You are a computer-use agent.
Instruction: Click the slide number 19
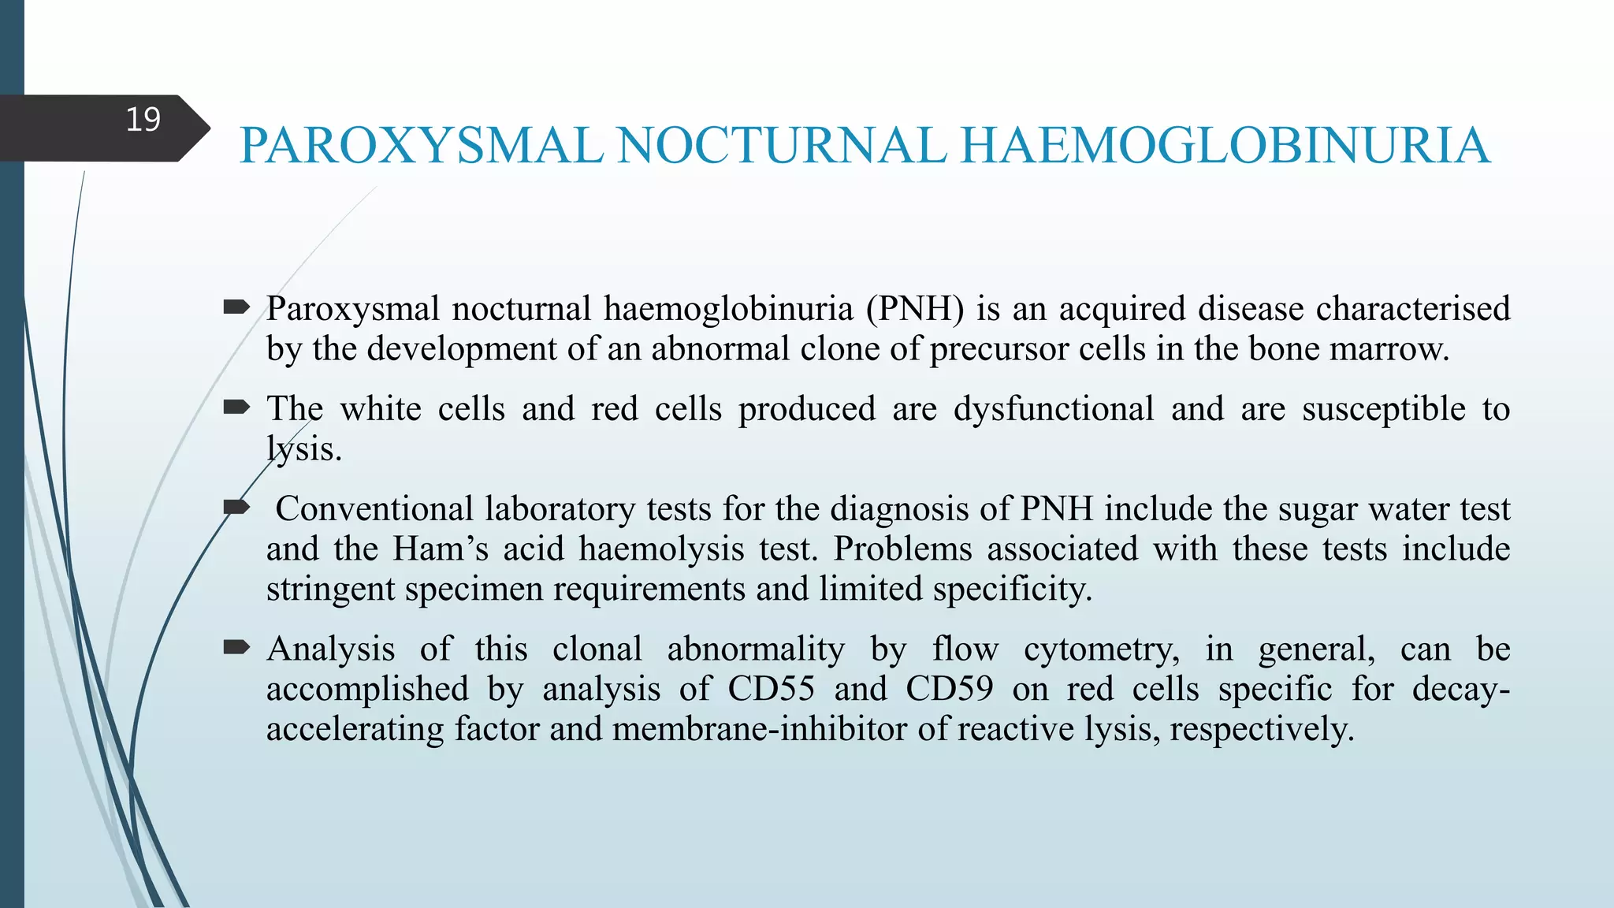point(143,120)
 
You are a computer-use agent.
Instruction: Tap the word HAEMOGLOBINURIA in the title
point(1225,146)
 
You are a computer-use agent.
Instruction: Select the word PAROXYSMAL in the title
point(422,146)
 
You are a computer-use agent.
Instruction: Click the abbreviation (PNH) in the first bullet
point(915,308)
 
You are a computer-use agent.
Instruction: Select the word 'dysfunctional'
point(1054,408)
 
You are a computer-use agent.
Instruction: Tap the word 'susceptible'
point(1383,408)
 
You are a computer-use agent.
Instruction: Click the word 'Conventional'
point(374,508)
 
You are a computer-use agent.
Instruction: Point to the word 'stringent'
point(330,589)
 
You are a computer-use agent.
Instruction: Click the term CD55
point(771,688)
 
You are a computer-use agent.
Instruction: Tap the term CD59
point(950,688)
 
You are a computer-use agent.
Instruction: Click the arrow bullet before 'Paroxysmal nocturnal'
point(236,307)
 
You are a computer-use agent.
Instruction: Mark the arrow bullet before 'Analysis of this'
point(236,648)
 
